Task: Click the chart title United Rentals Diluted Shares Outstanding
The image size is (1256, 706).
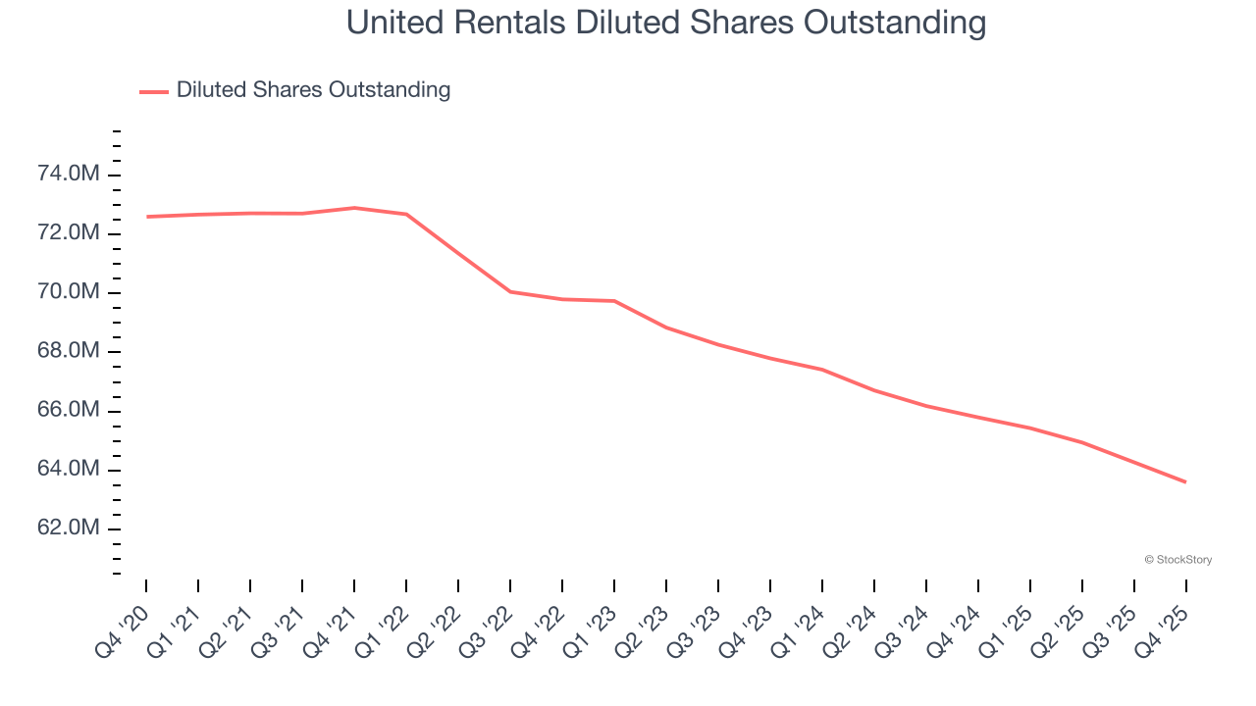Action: (666, 23)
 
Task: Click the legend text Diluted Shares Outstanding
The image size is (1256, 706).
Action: (313, 90)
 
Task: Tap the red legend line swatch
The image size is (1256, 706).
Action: (154, 91)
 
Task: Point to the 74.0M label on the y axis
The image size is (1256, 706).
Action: (68, 175)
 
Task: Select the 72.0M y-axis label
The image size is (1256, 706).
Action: (68, 233)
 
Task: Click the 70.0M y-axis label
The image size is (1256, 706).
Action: (68, 292)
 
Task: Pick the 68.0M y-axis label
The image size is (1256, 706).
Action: (68, 351)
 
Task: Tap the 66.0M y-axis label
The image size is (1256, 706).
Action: (68, 410)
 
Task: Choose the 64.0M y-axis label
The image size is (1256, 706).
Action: (68, 469)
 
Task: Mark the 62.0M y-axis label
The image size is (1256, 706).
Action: (68, 528)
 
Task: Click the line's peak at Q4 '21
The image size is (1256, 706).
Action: (354, 208)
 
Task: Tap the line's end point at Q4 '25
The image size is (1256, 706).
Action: (1185, 481)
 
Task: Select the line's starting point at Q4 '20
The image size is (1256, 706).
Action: (146, 217)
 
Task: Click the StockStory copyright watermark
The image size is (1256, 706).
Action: (1178, 560)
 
